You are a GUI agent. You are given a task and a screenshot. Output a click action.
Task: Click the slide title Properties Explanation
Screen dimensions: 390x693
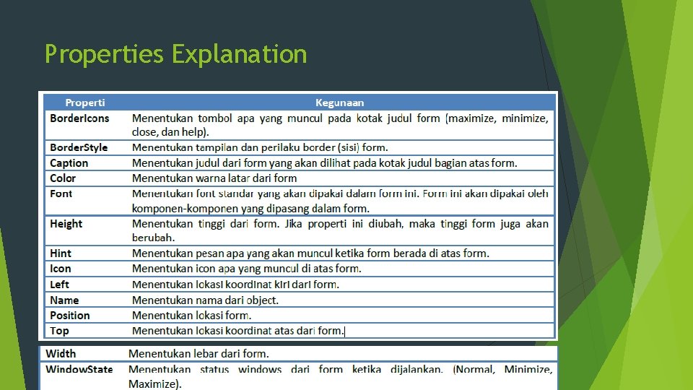175,54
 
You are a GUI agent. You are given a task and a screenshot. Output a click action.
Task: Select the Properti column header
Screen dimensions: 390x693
85,103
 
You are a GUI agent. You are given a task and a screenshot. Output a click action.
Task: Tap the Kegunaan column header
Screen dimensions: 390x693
339,103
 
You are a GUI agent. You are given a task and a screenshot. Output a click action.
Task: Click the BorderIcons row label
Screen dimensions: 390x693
79,118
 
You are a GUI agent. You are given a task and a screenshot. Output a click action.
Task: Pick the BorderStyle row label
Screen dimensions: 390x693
79,147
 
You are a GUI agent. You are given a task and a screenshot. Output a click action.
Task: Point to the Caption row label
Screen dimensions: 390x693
69,163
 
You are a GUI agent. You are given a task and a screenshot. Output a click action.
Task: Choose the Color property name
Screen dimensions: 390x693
63,178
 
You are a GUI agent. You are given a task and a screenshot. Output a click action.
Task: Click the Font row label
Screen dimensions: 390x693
61,194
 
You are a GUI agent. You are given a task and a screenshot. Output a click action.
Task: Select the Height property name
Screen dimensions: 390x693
66,224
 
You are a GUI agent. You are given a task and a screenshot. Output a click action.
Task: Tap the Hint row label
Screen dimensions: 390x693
61,253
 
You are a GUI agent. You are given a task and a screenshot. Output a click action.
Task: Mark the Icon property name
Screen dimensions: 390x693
61,269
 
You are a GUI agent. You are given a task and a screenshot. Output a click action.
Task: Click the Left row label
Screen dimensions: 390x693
60,285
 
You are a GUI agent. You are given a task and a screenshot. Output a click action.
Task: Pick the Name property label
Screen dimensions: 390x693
64,300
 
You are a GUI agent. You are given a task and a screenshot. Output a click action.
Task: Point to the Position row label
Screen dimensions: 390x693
70,316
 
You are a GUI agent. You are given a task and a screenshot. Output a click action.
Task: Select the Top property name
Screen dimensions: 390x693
60,331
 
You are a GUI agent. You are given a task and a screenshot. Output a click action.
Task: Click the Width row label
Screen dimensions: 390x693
61,354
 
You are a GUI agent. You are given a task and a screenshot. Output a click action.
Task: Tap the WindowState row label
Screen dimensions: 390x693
79,369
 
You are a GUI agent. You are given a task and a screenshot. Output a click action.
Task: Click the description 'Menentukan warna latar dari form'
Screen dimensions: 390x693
214,178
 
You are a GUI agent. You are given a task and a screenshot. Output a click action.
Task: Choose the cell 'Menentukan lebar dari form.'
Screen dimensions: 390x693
199,354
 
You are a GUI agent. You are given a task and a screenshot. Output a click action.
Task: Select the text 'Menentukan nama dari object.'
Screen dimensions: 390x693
205,300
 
